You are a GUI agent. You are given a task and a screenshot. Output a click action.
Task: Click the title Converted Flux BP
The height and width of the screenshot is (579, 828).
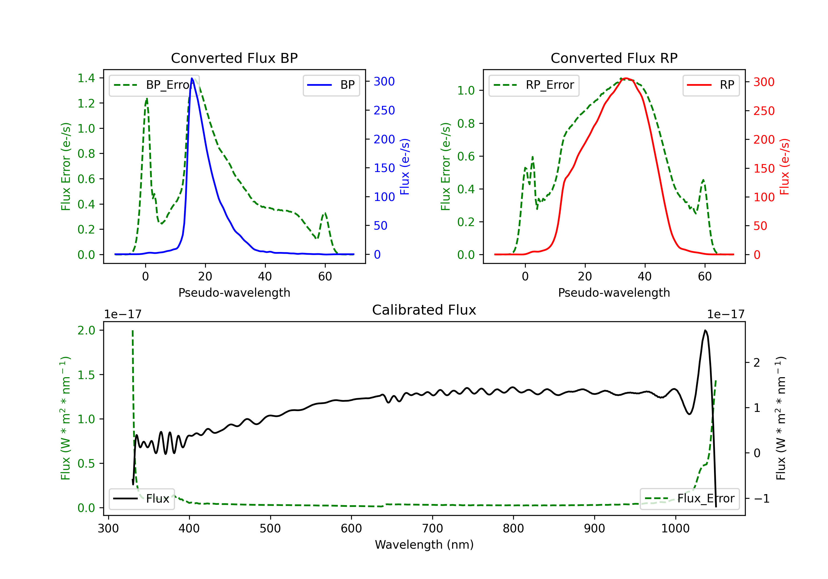coord(234,58)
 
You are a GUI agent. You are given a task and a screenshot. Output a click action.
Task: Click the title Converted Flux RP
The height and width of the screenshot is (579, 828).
coord(614,58)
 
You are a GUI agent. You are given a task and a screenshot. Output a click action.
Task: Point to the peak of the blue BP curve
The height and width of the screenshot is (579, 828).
coord(192,79)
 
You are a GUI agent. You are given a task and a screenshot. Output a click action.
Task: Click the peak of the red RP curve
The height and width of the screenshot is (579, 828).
coord(626,78)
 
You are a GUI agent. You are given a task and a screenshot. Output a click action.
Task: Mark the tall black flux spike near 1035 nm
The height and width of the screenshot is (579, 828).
coord(705,330)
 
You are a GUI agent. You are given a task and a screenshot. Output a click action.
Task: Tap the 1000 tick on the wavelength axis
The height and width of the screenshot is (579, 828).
coord(675,529)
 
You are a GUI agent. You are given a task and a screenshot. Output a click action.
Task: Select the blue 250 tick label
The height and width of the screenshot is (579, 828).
coord(384,110)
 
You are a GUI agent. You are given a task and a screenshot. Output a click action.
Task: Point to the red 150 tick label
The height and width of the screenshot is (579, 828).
coord(764,168)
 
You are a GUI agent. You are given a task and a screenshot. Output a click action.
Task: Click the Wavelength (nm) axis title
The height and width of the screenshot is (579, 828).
coord(424,545)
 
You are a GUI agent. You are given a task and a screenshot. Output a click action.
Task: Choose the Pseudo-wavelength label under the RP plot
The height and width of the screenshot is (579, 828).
coord(614,293)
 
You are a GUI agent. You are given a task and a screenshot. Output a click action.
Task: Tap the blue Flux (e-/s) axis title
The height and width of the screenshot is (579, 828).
coord(405,167)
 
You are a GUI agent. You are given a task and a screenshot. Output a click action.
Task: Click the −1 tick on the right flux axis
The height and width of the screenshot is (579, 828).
coord(762,499)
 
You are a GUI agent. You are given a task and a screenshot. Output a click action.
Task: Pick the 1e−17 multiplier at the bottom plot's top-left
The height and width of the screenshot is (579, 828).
coord(123,315)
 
